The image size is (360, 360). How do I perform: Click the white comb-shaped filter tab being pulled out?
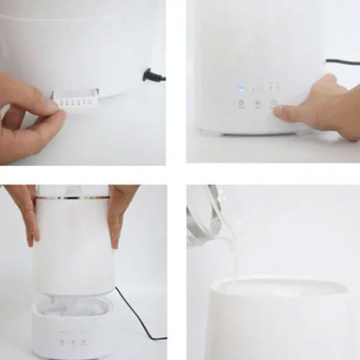75,102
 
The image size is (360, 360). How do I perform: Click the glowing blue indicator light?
240,90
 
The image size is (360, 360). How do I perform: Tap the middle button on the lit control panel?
258,103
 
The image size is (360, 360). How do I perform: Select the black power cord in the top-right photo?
341,63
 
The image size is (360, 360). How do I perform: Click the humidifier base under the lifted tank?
72,328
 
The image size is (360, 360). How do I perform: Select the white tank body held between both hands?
72,245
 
